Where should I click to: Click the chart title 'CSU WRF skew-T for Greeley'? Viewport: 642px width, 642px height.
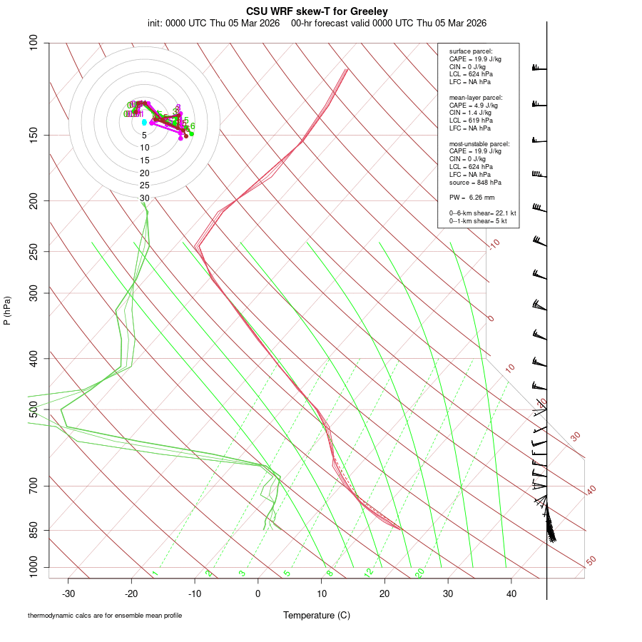(x=317, y=11)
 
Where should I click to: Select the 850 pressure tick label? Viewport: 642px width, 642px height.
(x=34, y=531)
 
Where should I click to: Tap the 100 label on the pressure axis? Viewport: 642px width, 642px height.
(x=34, y=44)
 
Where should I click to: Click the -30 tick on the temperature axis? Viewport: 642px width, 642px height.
(x=68, y=593)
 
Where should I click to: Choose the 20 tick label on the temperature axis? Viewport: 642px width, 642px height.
(x=384, y=593)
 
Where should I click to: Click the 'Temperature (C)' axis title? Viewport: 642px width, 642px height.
(x=316, y=615)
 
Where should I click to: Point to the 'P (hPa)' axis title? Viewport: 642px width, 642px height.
(x=7, y=310)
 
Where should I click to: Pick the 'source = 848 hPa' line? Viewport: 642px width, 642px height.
(x=473, y=182)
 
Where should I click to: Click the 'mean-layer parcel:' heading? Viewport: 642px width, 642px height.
(x=476, y=97)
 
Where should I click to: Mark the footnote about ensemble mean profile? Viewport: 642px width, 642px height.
(x=105, y=615)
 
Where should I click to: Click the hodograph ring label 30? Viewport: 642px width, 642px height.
(x=145, y=198)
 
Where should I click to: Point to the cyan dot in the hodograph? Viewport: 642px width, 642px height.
(x=144, y=122)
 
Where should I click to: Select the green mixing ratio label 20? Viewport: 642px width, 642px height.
(x=419, y=573)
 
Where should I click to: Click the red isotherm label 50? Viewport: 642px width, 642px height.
(x=591, y=561)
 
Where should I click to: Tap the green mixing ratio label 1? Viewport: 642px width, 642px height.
(x=155, y=573)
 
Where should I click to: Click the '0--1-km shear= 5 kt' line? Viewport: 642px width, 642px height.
(x=478, y=221)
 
